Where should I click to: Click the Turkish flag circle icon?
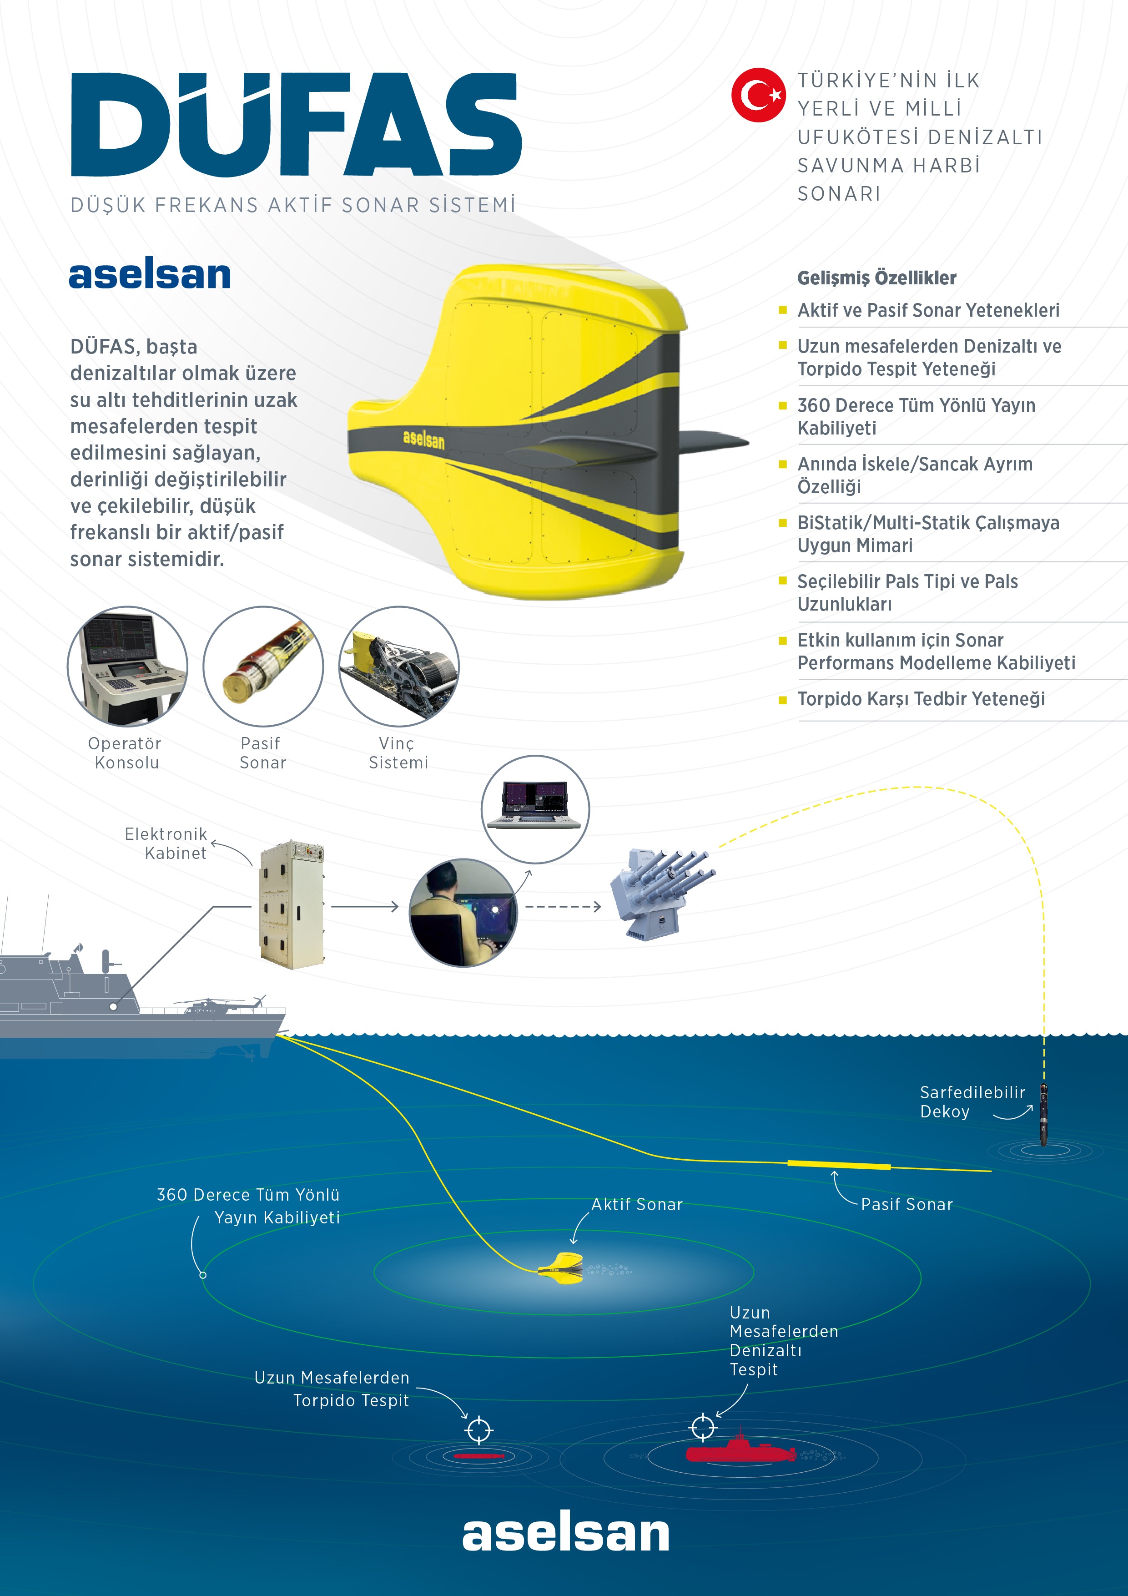click(758, 95)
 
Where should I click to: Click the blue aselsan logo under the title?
click(150, 275)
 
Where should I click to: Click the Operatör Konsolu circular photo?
click(127, 667)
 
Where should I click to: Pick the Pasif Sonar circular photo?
click(263, 667)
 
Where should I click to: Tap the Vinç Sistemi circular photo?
click(399, 667)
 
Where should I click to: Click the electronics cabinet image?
click(292, 904)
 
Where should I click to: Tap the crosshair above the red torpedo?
click(479, 1430)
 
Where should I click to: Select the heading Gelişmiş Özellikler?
click(876, 278)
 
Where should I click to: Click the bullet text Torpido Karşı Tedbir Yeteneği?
click(921, 699)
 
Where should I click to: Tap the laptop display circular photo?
click(535, 809)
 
